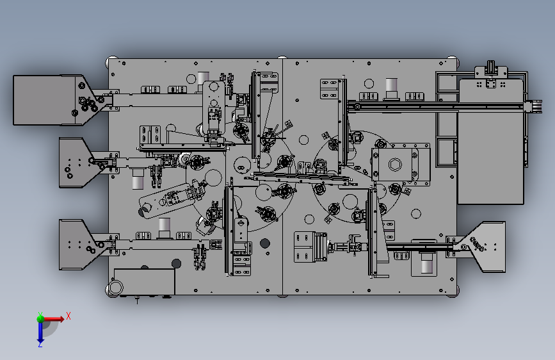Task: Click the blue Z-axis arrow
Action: [x=40, y=332]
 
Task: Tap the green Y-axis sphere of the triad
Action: [x=40, y=317]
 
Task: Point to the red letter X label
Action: [x=68, y=315]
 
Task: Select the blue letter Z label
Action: [x=40, y=345]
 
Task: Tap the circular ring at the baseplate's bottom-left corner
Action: [x=116, y=287]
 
